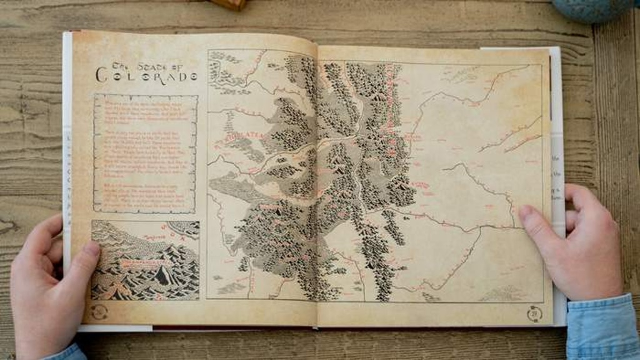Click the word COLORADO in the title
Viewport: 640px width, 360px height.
pos(146,76)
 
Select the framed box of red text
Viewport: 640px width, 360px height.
pos(146,154)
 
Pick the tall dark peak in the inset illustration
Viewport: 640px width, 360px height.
pos(165,274)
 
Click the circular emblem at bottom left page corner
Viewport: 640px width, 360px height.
pos(99,311)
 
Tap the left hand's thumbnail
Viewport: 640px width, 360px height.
pos(91,249)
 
